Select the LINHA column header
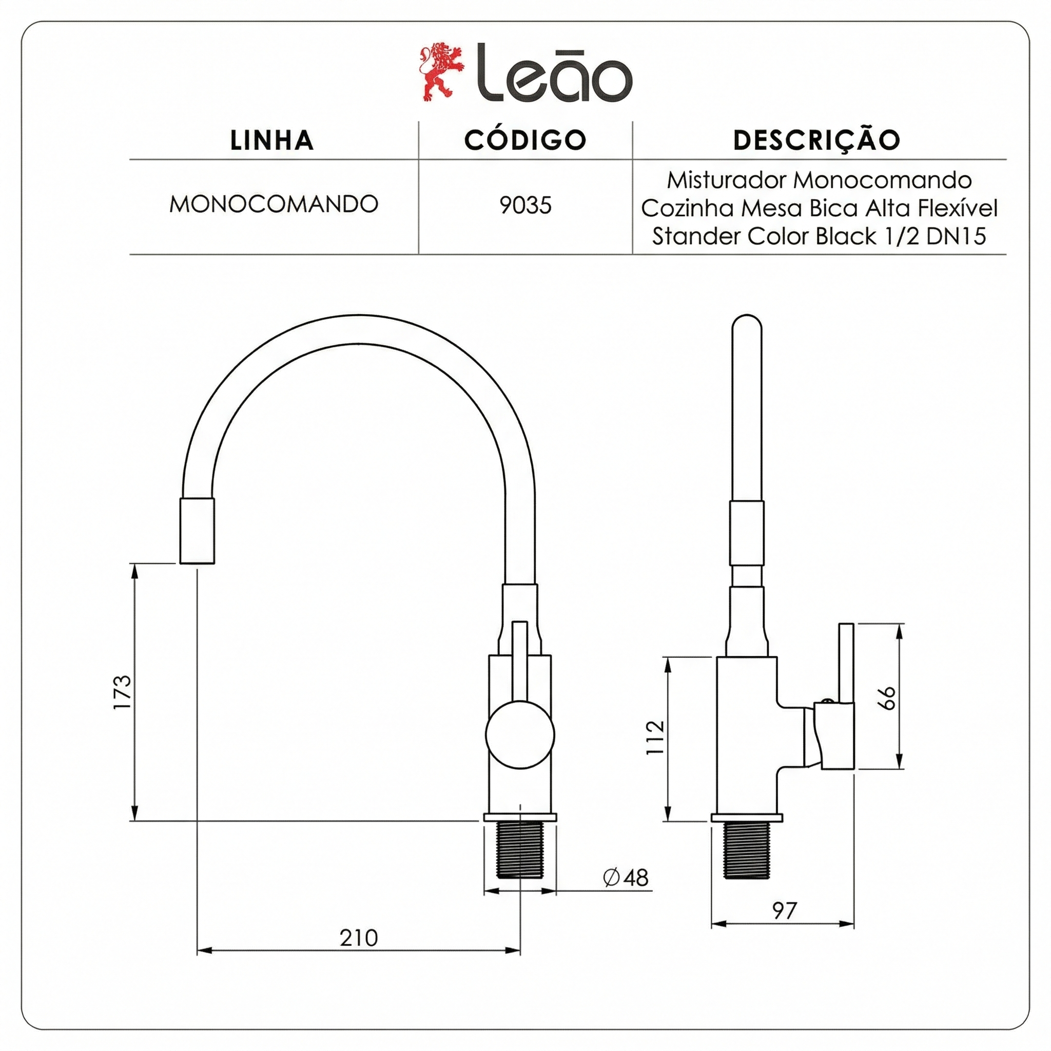(x=272, y=140)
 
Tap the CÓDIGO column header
(x=525, y=140)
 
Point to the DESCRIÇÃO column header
(x=817, y=140)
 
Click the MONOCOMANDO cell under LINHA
(x=274, y=205)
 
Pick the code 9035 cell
(x=525, y=206)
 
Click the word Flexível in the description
(x=958, y=208)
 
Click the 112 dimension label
(x=655, y=737)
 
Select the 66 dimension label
(x=887, y=698)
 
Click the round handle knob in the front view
(x=520, y=734)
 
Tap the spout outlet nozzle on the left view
(x=197, y=531)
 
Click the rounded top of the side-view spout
(x=747, y=326)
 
